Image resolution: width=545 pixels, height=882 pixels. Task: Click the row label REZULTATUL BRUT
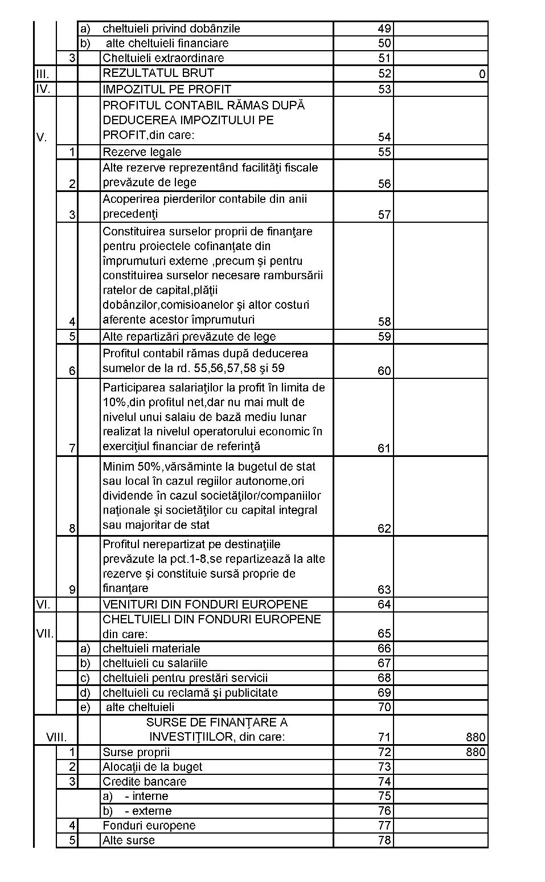click(x=158, y=73)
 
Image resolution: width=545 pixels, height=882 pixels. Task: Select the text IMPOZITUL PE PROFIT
click(x=167, y=89)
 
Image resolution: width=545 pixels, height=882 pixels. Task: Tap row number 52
click(x=384, y=73)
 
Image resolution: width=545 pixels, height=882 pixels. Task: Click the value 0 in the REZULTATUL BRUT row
click(x=482, y=74)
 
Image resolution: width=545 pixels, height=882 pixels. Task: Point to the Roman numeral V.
click(x=42, y=137)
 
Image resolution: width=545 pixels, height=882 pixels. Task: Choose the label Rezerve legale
click(x=142, y=152)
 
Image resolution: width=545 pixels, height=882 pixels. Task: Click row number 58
click(x=384, y=321)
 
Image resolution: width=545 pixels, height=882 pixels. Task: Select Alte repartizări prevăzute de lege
click(x=189, y=336)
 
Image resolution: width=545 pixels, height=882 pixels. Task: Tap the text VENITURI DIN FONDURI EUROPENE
click(x=205, y=604)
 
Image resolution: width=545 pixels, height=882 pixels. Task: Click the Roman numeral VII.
click(x=45, y=634)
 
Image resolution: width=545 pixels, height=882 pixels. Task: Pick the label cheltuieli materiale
click(x=151, y=648)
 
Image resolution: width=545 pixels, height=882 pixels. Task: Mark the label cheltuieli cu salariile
click(x=155, y=663)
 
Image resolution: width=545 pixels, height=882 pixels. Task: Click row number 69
click(x=384, y=693)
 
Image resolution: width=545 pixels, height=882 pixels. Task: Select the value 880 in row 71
click(x=476, y=737)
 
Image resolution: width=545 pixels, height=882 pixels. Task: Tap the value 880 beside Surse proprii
click(x=476, y=752)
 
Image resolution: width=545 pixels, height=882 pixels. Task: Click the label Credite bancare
click(x=145, y=782)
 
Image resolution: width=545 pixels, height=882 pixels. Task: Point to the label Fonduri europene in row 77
click(x=149, y=826)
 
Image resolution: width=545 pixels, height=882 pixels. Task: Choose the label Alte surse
click(x=129, y=840)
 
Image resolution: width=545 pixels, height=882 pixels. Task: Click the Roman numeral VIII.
click(x=56, y=737)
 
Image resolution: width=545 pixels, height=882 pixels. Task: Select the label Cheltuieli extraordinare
click(x=163, y=58)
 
